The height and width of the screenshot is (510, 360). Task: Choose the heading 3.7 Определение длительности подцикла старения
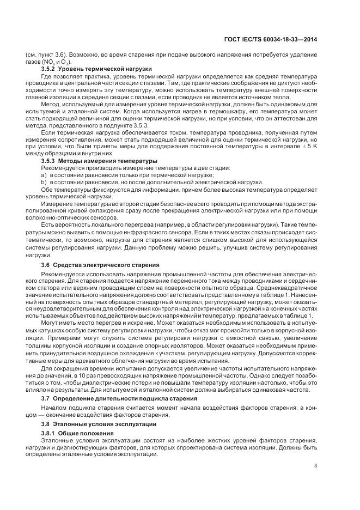[115, 399]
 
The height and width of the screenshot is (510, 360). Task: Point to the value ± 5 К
[321, 147]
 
